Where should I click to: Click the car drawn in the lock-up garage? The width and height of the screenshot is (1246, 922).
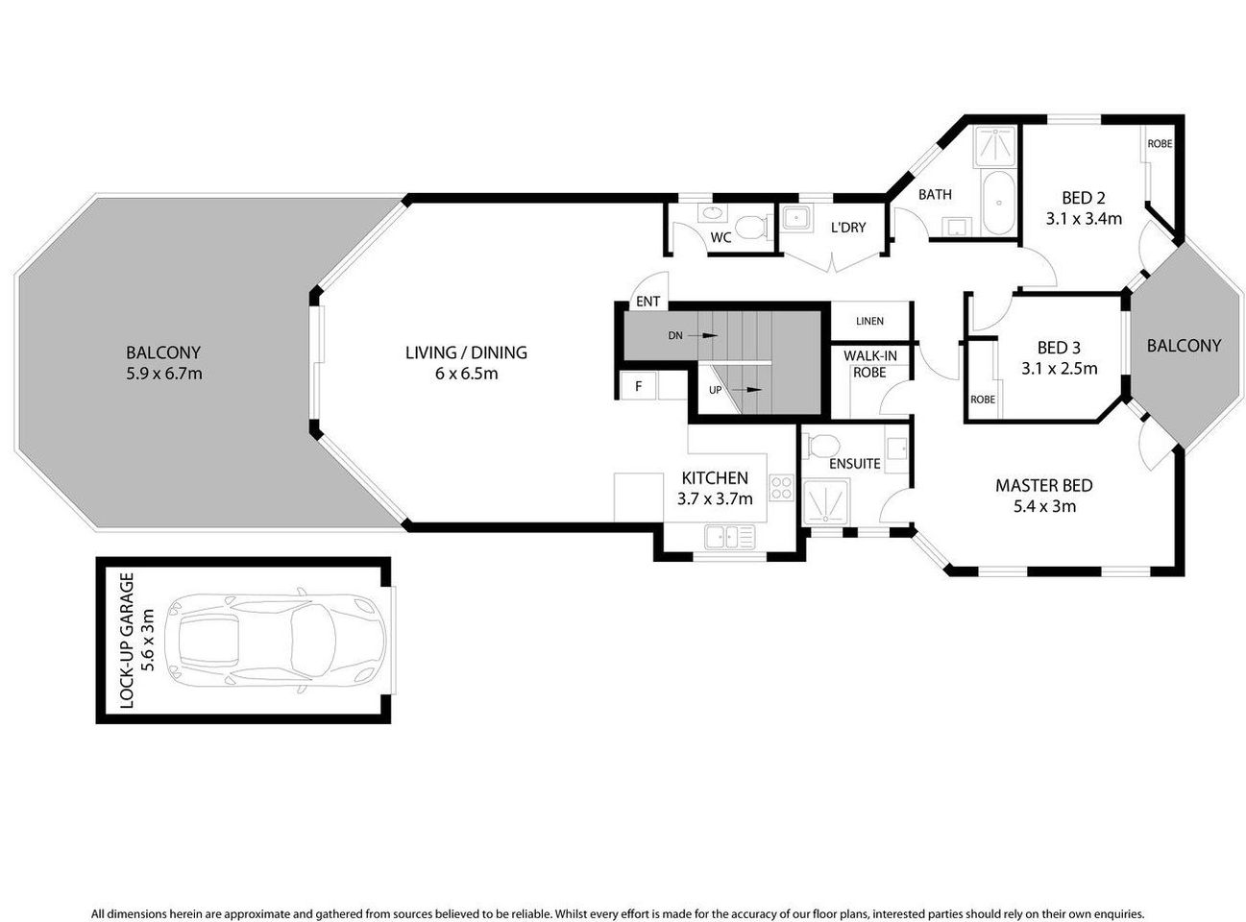coord(277,640)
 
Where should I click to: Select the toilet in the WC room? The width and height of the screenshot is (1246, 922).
coord(754,227)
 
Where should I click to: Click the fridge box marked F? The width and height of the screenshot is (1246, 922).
coord(636,387)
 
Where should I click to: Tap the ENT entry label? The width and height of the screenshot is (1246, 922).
coord(648,302)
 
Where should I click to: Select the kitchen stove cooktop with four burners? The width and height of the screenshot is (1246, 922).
coord(781,488)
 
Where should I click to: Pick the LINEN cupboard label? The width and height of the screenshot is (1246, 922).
coord(869,321)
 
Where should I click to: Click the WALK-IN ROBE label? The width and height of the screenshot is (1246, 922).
coord(869,364)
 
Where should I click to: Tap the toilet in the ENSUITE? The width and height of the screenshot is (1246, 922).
coord(822,445)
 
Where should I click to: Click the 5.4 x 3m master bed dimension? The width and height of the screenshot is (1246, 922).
coord(1043,506)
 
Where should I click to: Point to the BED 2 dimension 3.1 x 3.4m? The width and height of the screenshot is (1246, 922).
coord(1084,218)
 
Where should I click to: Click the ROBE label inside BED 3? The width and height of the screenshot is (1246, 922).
coord(982,400)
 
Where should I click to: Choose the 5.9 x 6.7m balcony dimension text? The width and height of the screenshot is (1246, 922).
coord(163,374)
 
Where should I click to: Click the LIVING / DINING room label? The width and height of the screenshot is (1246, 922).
coord(466,352)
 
